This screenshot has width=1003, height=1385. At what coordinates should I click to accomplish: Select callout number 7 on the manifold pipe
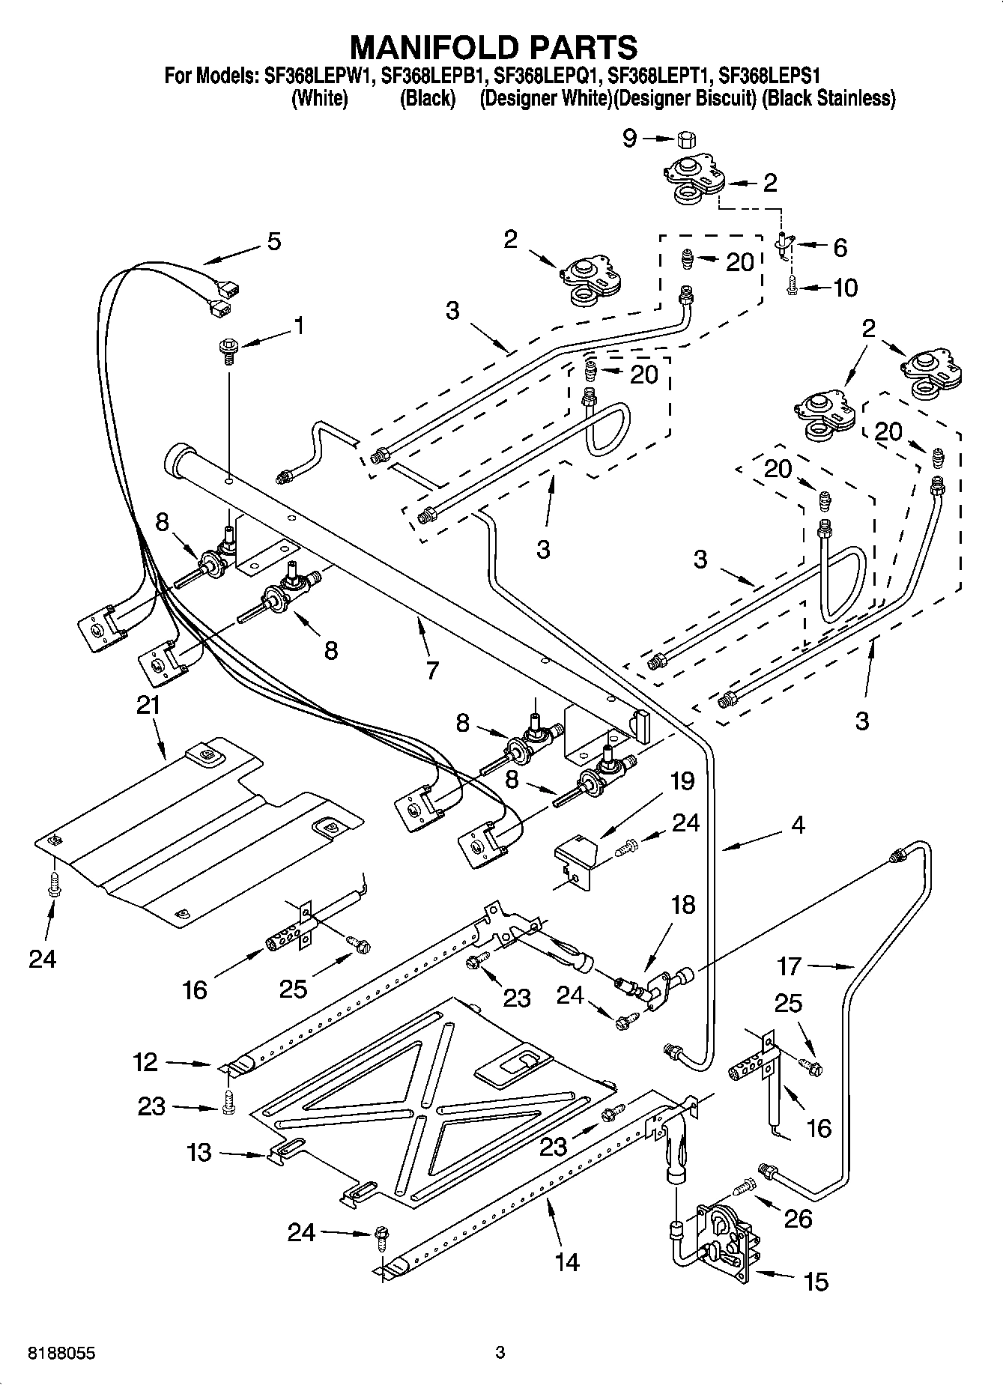(431, 670)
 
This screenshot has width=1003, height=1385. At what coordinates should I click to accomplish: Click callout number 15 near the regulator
(816, 1282)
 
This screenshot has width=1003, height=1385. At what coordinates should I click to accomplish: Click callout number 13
(199, 1151)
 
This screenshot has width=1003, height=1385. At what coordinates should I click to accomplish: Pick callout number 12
(146, 1061)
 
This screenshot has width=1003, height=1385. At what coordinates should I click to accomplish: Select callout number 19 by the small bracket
(682, 781)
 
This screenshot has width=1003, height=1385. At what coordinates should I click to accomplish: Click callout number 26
(798, 1219)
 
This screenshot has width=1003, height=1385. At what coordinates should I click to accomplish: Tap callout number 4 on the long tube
(798, 825)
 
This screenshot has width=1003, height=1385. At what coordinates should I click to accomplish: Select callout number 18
(682, 905)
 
